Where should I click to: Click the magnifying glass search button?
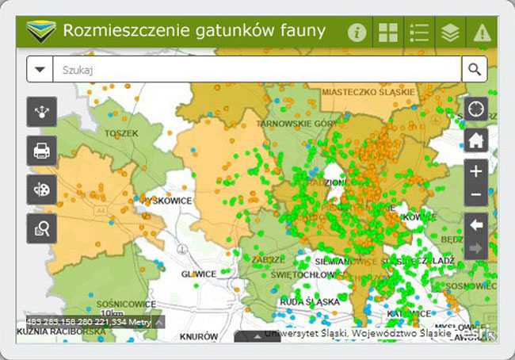(x=474, y=69)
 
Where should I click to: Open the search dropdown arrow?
(x=39, y=70)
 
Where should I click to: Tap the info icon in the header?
(x=357, y=33)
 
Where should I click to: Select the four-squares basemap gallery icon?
(x=388, y=33)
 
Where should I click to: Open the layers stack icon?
(x=450, y=33)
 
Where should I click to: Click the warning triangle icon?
(x=481, y=33)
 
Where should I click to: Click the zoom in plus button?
(x=475, y=170)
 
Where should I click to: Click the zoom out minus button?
(x=475, y=195)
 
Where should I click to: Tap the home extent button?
(x=475, y=140)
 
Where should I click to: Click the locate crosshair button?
(x=475, y=109)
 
